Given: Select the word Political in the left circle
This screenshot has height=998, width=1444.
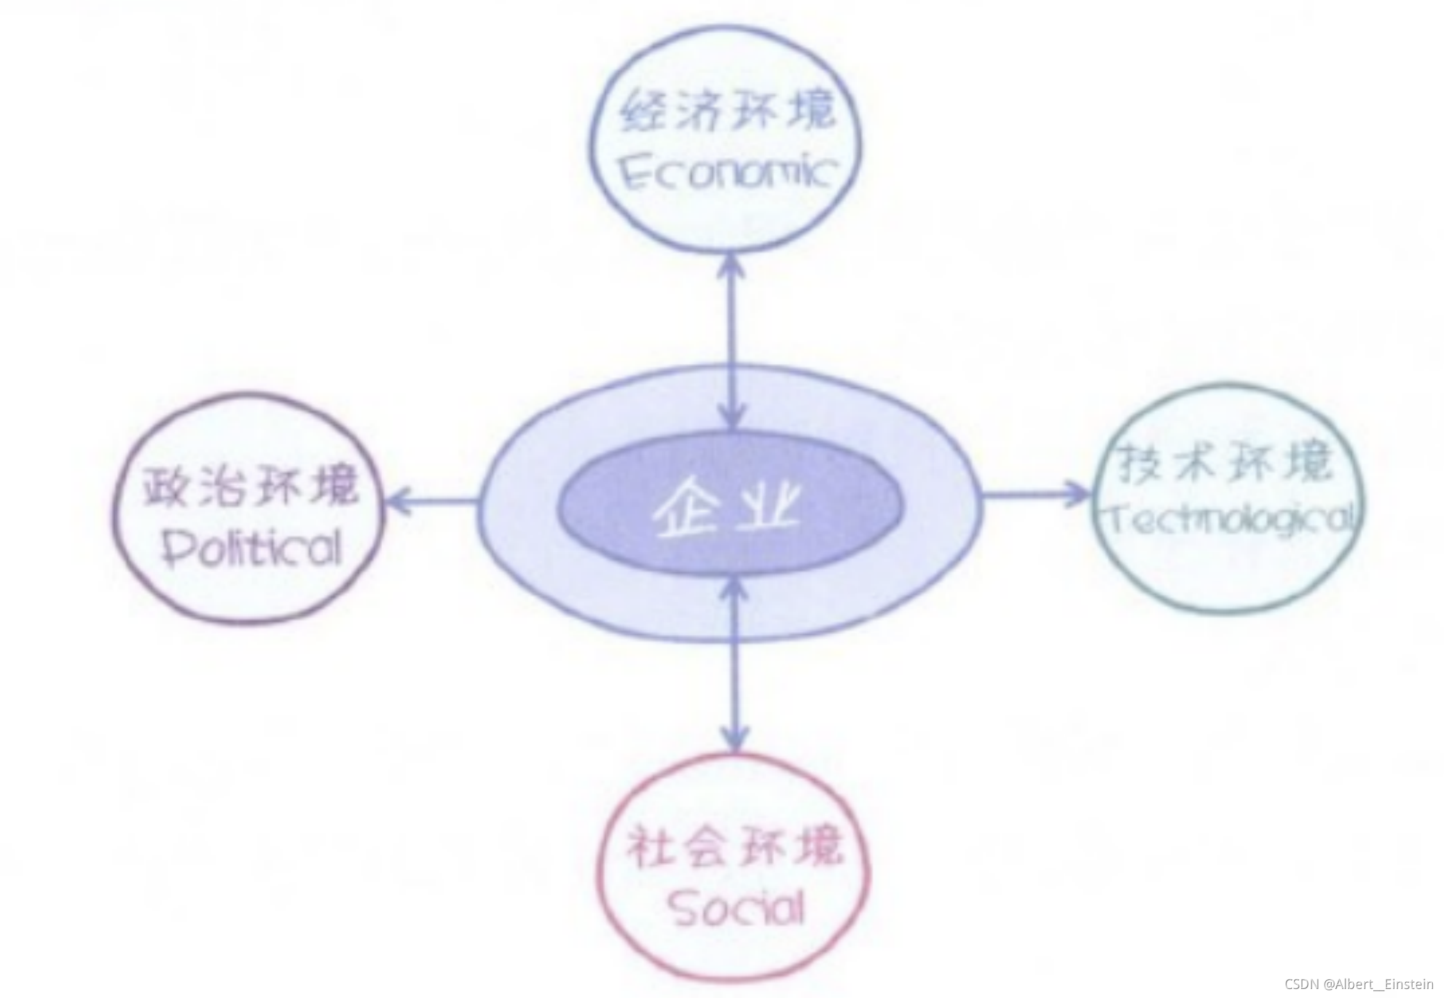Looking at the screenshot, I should (252, 549).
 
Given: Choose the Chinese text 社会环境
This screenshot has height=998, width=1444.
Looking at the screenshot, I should (735, 847).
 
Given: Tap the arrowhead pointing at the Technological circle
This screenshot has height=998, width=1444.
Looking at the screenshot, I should (1078, 493).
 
